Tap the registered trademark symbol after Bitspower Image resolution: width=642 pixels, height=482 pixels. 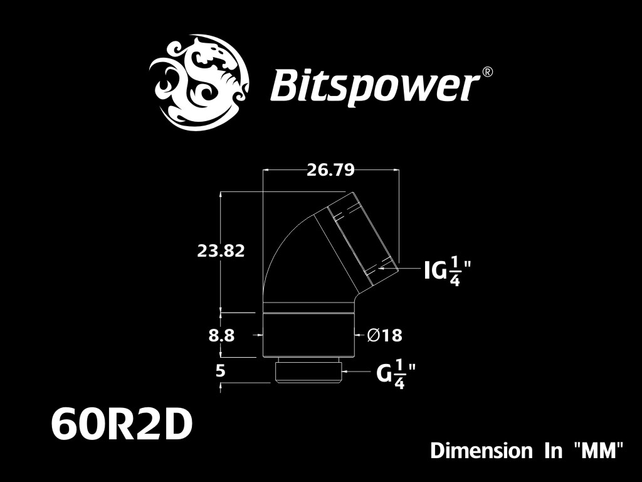coord(488,72)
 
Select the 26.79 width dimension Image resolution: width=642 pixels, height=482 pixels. coord(330,169)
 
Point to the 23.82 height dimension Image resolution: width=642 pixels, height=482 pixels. coord(221,250)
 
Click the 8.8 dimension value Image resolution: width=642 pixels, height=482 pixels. coord(221,335)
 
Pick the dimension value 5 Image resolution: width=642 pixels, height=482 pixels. coord(220,370)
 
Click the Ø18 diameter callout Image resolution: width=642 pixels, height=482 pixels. coord(385,335)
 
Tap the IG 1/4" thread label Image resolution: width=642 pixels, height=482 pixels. coord(447,271)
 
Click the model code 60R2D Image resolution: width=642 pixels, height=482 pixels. coord(122,425)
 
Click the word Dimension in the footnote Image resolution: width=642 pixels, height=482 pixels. coord(481,451)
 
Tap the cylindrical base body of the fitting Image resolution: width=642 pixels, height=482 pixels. coord(308,335)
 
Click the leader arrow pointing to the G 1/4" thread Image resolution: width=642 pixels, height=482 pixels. coord(359,372)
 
